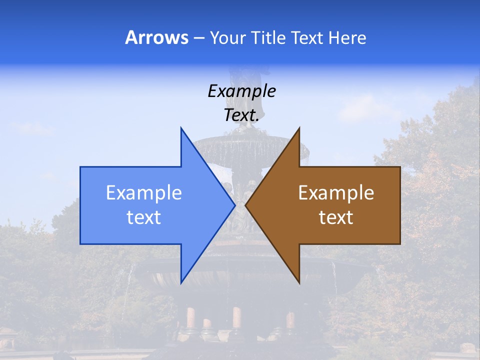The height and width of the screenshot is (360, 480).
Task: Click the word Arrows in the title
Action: [x=156, y=37]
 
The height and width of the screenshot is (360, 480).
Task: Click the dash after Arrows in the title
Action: [x=198, y=38]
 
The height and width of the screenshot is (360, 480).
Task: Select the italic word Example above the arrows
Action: [x=241, y=91]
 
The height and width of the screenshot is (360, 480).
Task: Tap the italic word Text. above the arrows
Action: [x=241, y=115]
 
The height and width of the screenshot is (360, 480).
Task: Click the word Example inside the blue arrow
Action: [x=144, y=192]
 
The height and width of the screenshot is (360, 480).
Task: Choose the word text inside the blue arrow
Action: [x=144, y=217]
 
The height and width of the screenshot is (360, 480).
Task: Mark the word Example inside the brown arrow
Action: [x=336, y=192]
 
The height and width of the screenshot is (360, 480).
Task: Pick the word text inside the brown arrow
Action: [x=336, y=217]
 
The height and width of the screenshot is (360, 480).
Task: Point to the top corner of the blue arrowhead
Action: [x=181, y=128]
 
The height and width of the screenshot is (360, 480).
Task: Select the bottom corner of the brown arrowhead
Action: [x=299, y=283]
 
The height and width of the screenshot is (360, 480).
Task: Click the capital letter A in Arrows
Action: [x=131, y=37]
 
